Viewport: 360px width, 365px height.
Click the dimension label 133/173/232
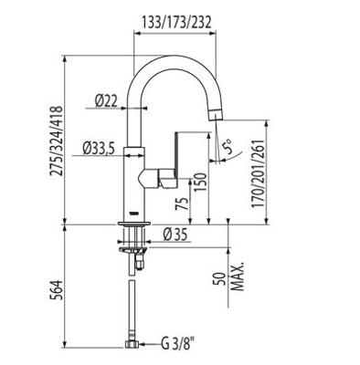point(176,22)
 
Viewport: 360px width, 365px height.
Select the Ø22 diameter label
point(106,101)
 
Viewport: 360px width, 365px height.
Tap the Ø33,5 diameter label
point(99,149)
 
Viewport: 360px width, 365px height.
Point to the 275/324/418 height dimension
point(57,141)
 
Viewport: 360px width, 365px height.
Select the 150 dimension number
point(201,182)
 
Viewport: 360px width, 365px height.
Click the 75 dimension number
point(182,203)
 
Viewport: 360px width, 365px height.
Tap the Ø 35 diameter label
point(175,235)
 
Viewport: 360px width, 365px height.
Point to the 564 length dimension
point(57,290)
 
